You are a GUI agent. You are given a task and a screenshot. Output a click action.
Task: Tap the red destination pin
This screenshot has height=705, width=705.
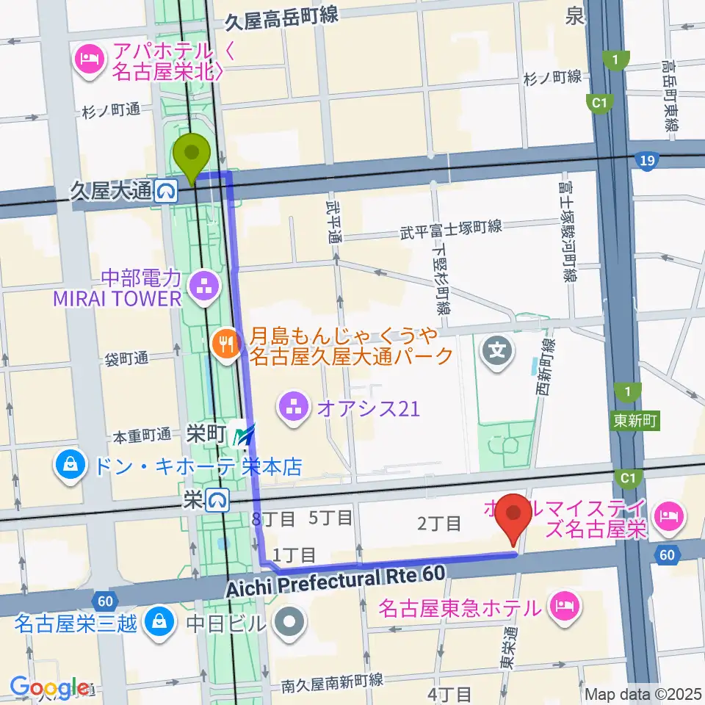coord(514,515)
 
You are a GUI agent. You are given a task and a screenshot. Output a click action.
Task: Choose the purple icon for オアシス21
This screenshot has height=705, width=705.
coord(294,408)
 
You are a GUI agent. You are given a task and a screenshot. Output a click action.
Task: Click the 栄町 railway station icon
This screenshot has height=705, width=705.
coord(243,435)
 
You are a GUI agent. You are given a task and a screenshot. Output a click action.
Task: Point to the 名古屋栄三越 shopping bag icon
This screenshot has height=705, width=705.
coord(157,622)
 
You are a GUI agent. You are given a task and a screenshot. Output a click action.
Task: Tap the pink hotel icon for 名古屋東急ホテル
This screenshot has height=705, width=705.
coord(564,607)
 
